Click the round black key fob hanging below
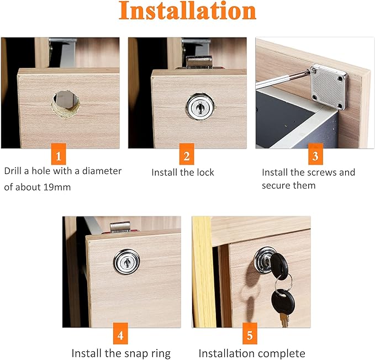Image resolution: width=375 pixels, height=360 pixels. click(283, 301)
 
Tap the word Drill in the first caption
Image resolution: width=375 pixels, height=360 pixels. click(14, 171)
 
